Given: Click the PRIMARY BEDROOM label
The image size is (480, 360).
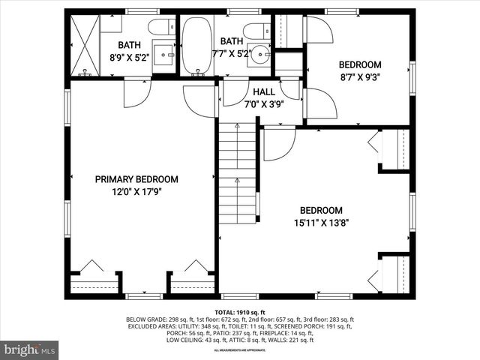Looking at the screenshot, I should pos(136,179).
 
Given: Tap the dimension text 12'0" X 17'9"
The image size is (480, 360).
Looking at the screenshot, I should pos(136,191).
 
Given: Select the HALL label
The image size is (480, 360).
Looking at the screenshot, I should pos(263,91).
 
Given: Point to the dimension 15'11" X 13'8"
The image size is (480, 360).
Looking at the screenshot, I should pos(321,222).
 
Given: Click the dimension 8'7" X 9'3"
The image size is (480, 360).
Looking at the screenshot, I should pos(360,76).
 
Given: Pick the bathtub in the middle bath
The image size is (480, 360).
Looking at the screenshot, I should pos(197,44).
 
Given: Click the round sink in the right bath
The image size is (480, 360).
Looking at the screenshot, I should pos(260,55).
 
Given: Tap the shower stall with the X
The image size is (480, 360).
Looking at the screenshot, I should pos(84,44).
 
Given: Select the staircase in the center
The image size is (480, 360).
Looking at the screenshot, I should pos(238,172).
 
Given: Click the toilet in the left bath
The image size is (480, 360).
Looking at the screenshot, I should pos(159,28).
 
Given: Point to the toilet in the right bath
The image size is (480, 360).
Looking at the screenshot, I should pos(255,31).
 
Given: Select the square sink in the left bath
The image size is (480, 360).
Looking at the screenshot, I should pos(164,56).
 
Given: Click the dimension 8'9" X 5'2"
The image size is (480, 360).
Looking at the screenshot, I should pos(130,56).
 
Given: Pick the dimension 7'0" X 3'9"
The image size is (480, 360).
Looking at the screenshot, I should pos(263,103).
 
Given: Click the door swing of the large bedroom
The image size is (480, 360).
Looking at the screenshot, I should pos(278,143).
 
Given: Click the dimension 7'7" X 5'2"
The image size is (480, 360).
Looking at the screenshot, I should pos(232,54).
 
